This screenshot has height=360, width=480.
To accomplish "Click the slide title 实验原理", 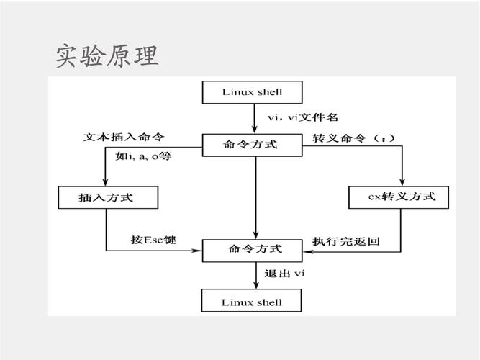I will [x=107, y=55].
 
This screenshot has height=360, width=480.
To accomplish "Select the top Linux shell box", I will [x=253, y=91].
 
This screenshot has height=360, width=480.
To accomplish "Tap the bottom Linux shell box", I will [x=253, y=302].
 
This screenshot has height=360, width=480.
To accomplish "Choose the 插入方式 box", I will [x=106, y=197].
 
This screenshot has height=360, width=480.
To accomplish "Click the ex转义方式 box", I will [x=402, y=197].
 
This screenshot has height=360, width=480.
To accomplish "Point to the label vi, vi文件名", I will [x=302, y=117].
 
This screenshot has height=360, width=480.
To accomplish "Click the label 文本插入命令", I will [x=123, y=137].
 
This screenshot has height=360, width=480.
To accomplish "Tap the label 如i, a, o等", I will [x=143, y=156].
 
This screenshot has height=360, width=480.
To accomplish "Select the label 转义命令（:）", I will [x=353, y=137].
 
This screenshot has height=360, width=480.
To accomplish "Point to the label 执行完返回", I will [x=346, y=240].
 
